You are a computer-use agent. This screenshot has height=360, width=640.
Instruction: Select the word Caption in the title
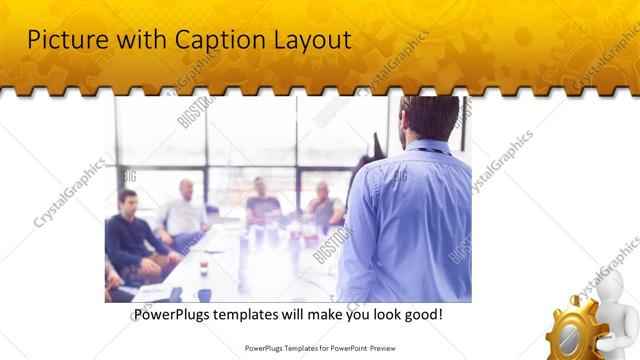click(x=204, y=40)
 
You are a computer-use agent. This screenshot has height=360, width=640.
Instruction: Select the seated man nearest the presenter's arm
click(x=323, y=205)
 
